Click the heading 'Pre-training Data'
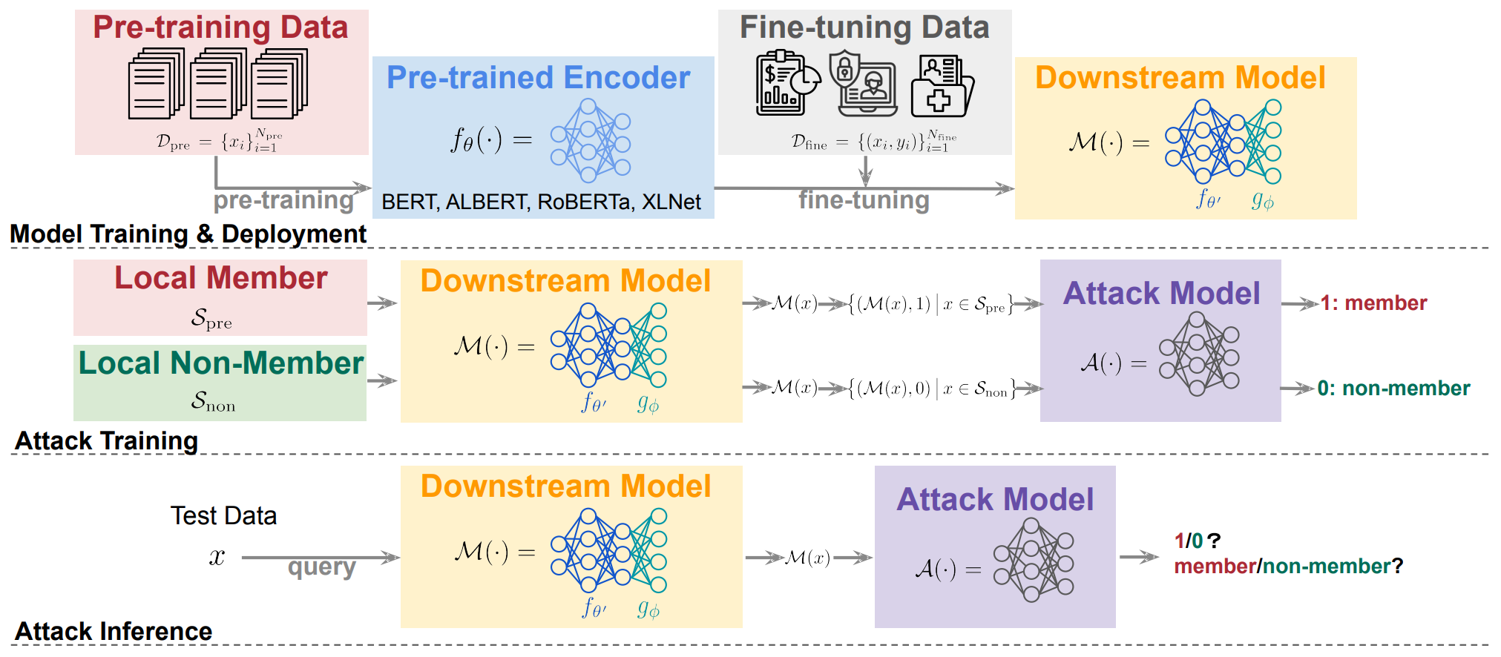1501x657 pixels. tap(220, 27)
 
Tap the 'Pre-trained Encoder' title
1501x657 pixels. tap(538, 78)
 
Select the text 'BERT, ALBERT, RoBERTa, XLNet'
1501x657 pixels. tap(541, 202)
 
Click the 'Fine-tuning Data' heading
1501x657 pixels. tap(864, 27)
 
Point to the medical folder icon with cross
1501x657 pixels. tap(941, 87)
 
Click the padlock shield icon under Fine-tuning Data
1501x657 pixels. tap(861, 82)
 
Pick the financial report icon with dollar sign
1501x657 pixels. tap(786, 82)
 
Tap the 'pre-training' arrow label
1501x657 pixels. tap(283, 200)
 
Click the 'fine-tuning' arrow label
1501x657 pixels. tap(864, 200)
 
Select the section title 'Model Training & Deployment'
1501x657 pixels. tap(188, 234)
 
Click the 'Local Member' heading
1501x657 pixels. tap(220, 278)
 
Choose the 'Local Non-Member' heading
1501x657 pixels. tap(220, 363)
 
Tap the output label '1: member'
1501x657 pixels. tap(1373, 303)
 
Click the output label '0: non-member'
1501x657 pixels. tap(1393, 389)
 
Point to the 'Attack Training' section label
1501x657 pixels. tap(106, 441)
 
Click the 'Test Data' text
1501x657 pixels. tap(223, 516)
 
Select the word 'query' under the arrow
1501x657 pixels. tap(321, 567)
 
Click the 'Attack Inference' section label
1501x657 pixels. tap(114, 632)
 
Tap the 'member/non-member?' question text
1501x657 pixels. tap(1288, 567)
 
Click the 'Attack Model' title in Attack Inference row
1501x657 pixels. tap(995, 500)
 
